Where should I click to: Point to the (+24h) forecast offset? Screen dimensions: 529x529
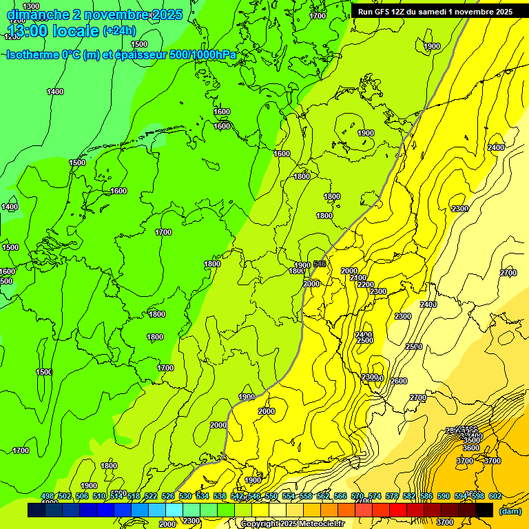[x=119, y=31]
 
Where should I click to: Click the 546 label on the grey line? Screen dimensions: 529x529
[x=320, y=264]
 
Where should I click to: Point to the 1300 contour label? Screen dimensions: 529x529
[x=32, y=6]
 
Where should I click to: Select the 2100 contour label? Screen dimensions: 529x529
[x=358, y=278]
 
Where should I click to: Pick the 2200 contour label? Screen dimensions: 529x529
[x=366, y=284]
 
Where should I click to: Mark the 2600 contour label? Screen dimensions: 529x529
[x=398, y=381]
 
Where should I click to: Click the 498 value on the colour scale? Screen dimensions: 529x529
[x=48, y=496]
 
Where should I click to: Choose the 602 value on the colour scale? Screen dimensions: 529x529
[x=495, y=496]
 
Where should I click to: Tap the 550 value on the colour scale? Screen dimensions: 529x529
[x=271, y=496]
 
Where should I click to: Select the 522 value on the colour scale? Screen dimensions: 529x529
[x=151, y=496]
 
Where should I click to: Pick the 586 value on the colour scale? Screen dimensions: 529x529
[x=426, y=496]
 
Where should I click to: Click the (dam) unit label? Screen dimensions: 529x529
[x=510, y=510]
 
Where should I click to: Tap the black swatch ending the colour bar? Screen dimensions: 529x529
[x=484, y=510]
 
